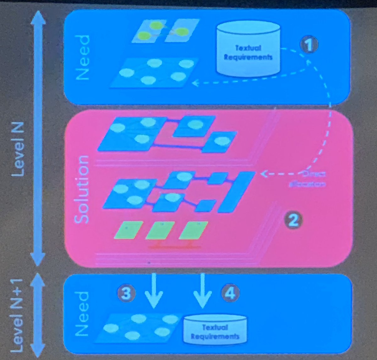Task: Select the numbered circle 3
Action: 126,293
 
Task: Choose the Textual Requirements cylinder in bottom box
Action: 215,330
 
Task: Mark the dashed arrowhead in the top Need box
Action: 196,83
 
